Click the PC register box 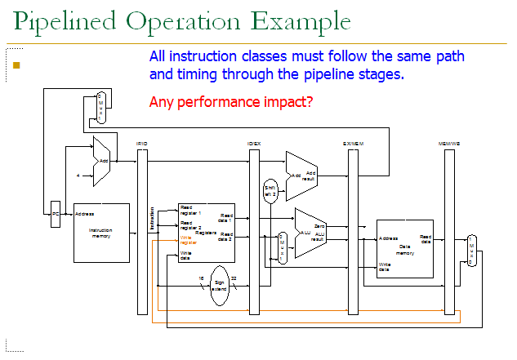(x=56, y=214)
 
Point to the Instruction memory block (x=101, y=233)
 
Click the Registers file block (x=206, y=233)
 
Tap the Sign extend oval (x=219, y=286)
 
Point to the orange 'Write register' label (x=186, y=241)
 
